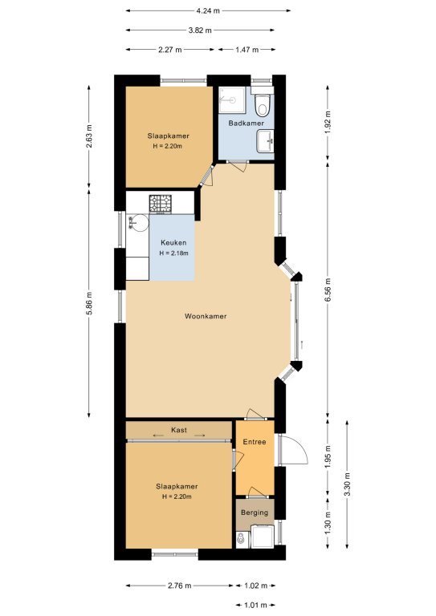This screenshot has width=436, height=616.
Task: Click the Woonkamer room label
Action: point(206,316)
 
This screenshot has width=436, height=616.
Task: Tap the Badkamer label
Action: point(247,124)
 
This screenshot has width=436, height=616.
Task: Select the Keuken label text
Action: point(173,243)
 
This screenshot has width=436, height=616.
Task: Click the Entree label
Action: point(255,442)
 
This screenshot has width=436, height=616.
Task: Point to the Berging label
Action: point(255,513)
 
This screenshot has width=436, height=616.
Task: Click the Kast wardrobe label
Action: point(179,430)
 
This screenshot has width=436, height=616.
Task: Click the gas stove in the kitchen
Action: point(161,204)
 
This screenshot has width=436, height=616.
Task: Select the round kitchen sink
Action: point(138,223)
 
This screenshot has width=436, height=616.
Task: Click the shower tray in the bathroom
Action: point(232,99)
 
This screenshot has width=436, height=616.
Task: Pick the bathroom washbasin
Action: point(266,141)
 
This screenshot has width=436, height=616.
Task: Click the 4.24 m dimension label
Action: point(208,11)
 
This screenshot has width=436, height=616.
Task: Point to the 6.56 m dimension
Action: point(328,290)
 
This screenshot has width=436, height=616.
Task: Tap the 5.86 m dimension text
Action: point(89,303)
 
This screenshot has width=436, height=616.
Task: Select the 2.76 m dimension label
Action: point(180,586)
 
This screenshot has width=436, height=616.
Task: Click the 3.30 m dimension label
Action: point(347,484)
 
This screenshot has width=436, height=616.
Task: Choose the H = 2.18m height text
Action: point(173,253)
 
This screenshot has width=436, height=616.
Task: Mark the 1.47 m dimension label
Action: point(247,50)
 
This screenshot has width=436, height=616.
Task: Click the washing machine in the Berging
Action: point(263,537)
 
